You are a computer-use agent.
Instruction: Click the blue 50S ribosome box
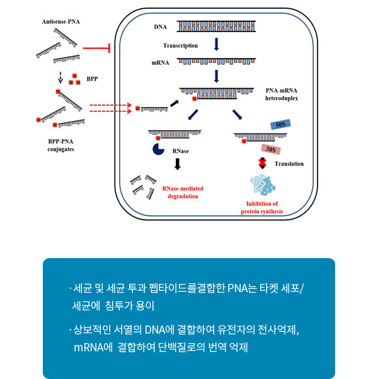pyautogui.click(x=280, y=125)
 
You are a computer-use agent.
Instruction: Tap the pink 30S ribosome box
pyautogui.click(x=271, y=149)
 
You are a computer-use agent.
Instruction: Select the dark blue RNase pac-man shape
pyautogui.click(x=158, y=149)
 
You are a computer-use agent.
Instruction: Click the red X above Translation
pyautogui.click(x=263, y=163)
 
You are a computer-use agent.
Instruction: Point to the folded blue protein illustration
pyautogui.click(x=263, y=185)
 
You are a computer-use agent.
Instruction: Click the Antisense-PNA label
pyautogui.click(x=61, y=22)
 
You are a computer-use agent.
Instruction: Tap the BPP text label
pyautogui.click(x=92, y=79)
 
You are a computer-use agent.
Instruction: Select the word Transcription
pyautogui.click(x=180, y=46)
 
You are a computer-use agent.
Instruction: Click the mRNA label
pyautogui.click(x=161, y=63)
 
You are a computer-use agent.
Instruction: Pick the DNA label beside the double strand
pyautogui.click(x=161, y=27)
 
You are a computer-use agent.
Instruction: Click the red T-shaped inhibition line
pyautogui.click(x=96, y=48)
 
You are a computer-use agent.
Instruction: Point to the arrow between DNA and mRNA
pyautogui.click(x=217, y=44)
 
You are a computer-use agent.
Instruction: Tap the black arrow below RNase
pyautogui.click(x=178, y=164)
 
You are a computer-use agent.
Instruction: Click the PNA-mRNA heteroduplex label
pyautogui.click(x=282, y=94)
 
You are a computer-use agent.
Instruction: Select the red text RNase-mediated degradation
pyautogui.click(x=183, y=193)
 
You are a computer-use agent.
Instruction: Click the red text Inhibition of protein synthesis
pyautogui.click(x=262, y=208)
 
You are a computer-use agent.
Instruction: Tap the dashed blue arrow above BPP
pyautogui.click(x=60, y=77)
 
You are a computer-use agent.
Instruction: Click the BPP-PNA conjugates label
pyautogui.click(x=60, y=145)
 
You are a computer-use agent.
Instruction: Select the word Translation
pyautogui.click(x=289, y=164)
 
